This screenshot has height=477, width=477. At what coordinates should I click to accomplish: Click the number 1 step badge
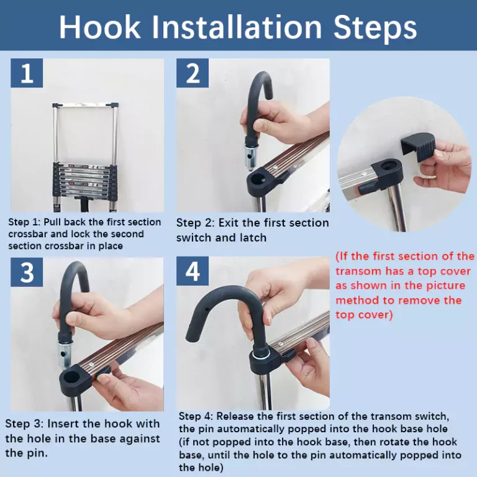27,73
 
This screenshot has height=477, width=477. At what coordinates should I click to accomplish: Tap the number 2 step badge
193,73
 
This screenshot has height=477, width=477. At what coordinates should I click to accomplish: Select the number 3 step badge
27,272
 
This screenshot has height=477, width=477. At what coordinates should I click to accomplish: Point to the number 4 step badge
193,271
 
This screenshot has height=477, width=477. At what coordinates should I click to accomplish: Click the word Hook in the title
100,27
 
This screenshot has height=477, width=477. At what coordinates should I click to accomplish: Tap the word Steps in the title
375,28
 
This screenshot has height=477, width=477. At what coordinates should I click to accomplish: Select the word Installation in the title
237,27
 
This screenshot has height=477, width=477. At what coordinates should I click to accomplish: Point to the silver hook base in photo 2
252,158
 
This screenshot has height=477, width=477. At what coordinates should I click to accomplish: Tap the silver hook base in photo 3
65,353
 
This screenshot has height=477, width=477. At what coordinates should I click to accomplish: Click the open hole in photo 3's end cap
72,377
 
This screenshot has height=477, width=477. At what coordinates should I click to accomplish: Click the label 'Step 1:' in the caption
24,222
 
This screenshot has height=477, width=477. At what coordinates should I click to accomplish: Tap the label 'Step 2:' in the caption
195,223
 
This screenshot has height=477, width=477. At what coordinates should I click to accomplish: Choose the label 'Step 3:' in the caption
24,424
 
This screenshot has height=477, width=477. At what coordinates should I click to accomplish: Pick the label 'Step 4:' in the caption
196,416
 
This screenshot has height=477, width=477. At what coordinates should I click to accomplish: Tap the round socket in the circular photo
388,166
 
